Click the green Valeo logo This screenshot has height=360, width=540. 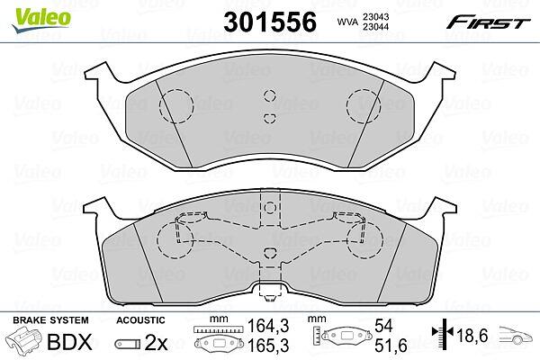tap(41, 20)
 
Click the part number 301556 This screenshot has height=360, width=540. tap(270, 22)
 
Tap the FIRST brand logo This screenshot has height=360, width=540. tap(488, 22)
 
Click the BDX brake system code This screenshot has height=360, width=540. tap(69, 342)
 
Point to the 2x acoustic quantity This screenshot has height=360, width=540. tap(156, 342)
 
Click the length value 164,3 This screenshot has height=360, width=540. tap(268, 326)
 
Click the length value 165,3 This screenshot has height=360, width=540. tap(268, 345)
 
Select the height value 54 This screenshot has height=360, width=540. tap(383, 326)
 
